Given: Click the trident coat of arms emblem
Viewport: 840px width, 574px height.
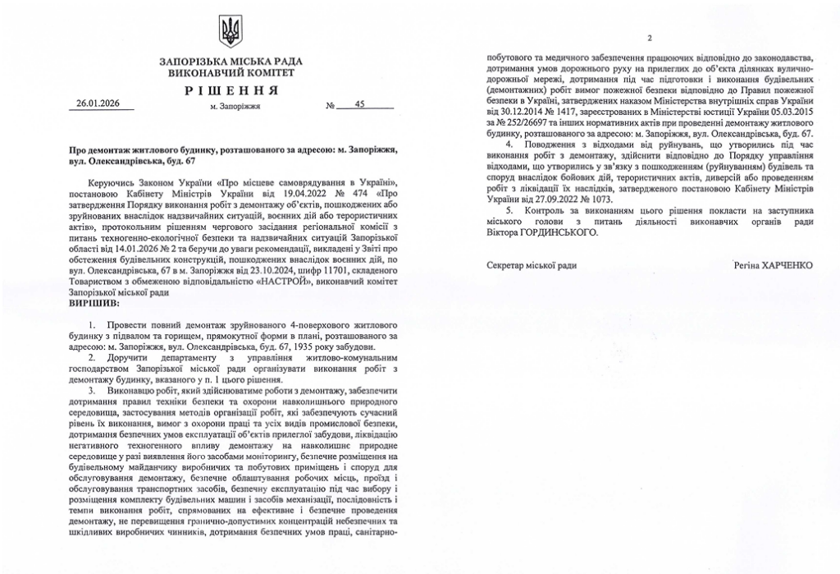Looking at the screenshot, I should (231, 32).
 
